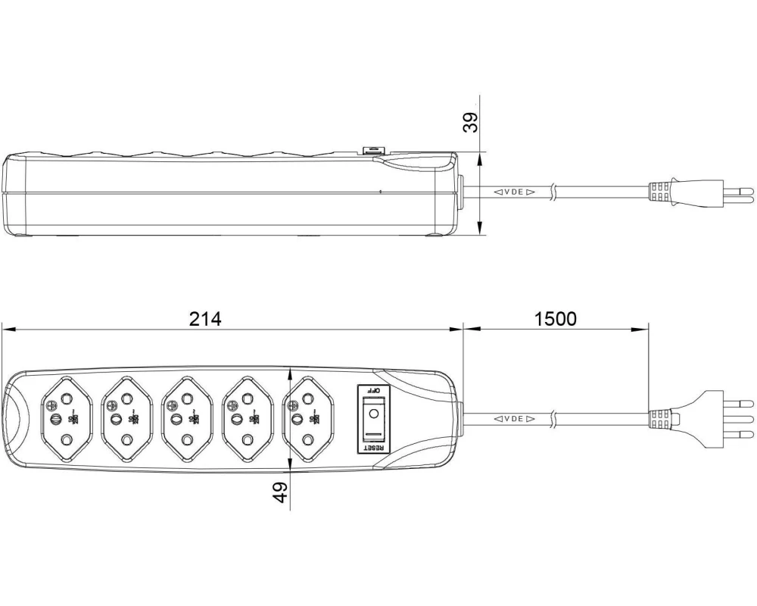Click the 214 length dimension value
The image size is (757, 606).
click(205, 319)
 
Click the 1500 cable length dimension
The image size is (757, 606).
click(555, 319)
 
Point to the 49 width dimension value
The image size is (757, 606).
click(279, 493)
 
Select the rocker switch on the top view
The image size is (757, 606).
click(373, 418)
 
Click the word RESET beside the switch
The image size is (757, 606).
click(373, 447)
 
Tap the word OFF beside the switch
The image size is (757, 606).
click(373, 389)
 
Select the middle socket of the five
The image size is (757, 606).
click(184, 418)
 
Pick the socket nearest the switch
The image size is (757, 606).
click(305, 418)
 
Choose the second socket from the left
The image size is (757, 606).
click(123, 418)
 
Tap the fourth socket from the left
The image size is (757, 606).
click(245, 418)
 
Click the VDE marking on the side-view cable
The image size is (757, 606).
click(515, 192)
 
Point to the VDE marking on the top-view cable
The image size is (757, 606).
click(515, 418)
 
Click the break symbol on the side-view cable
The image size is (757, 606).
click(555, 192)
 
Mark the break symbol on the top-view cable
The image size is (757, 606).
click(555, 418)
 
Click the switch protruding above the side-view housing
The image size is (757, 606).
click(374, 151)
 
